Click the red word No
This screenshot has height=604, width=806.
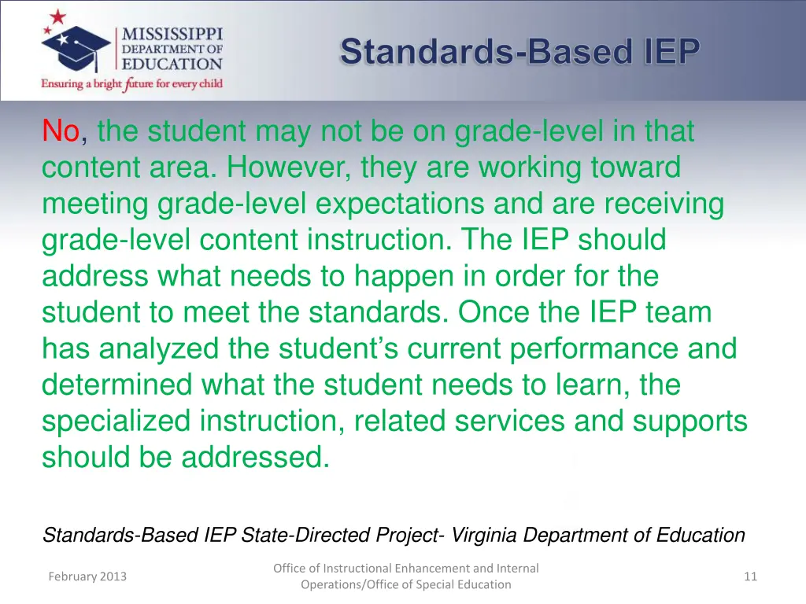click(61, 131)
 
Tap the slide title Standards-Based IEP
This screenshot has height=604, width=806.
click(519, 52)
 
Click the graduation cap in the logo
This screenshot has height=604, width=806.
click(76, 49)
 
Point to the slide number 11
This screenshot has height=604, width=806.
click(750, 576)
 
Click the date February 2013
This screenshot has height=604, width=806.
click(87, 576)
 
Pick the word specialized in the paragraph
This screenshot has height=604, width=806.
click(116, 422)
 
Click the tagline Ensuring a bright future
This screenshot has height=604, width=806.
click(132, 83)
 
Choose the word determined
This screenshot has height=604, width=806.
click(117, 385)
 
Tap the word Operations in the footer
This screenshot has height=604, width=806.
click(335, 584)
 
